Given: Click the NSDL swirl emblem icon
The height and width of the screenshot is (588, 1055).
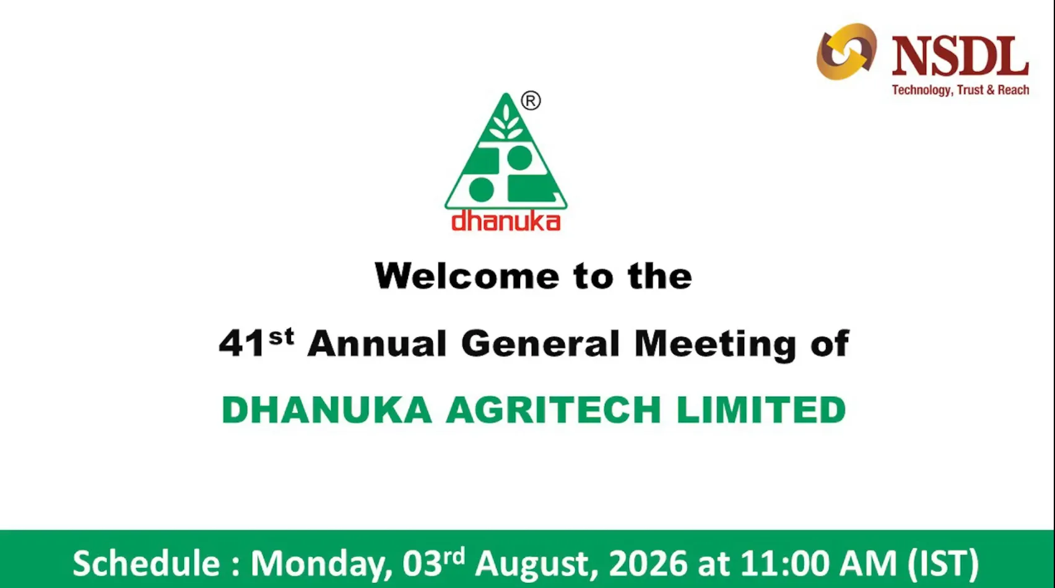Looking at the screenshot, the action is point(846,51).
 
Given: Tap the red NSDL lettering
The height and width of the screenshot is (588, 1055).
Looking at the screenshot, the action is point(960,57).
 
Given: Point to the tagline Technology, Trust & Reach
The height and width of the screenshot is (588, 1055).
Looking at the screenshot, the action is point(960,90).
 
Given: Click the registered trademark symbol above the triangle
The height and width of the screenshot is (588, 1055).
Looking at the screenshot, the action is point(531,100).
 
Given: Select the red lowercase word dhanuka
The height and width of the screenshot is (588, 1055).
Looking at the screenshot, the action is point(506,221).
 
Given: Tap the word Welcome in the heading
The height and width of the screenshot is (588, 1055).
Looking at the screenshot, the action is point(467,276).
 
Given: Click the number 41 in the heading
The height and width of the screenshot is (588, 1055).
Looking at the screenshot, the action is point(241,343).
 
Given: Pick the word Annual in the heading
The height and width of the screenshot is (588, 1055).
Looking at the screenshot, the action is point(376,343).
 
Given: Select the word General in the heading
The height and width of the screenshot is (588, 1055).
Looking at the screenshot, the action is point(541,343).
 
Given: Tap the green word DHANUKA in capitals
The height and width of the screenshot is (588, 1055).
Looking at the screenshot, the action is point(326,410).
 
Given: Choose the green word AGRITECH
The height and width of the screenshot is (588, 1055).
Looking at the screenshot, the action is point(554,410).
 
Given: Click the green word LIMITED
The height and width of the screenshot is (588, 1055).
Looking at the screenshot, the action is point(761,410).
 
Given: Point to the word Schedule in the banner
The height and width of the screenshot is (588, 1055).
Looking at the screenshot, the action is point(146,563).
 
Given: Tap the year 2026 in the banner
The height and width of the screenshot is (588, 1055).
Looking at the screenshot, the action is point(648,563).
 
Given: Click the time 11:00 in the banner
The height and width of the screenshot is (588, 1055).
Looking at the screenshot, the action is point(784,563).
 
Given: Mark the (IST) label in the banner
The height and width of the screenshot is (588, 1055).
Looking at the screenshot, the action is point(943,564).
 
